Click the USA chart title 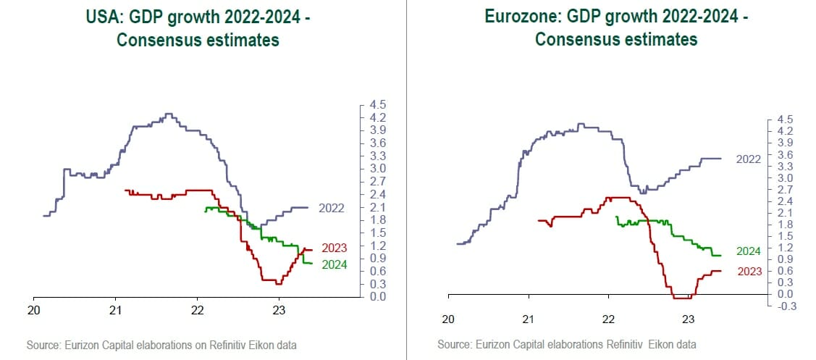coord(198,28)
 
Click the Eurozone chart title coord(615,28)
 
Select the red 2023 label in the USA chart coord(334,248)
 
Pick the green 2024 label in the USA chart coord(334,265)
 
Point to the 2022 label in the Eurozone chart coord(748,159)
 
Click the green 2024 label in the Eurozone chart coord(748,251)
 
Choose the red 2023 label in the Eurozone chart coord(748,272)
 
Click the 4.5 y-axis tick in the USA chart coord(378,105)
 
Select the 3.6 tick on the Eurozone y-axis coord(786,154)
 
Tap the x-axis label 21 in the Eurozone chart coord(529,319)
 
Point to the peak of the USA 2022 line coord(169,114)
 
